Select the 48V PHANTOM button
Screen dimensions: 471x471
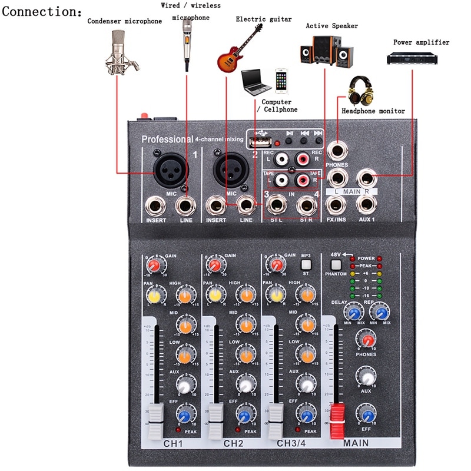click(x=336, y=264)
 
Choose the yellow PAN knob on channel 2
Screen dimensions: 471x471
click(x=215, y=294)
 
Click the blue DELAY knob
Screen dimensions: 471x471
click(x=355, y=312)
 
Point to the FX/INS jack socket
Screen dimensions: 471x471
click(x=336, y=204)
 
